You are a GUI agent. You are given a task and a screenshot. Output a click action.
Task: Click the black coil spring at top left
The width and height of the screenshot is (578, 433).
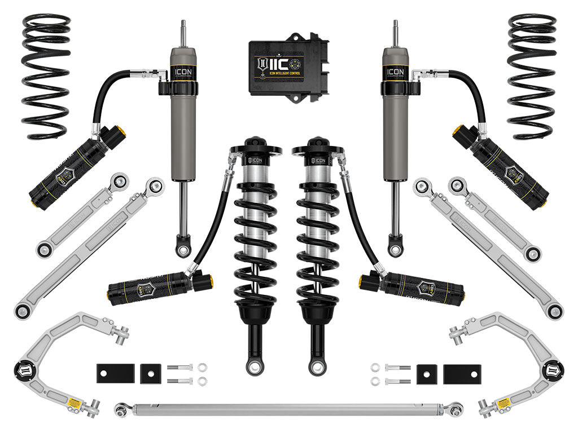pos(46,76)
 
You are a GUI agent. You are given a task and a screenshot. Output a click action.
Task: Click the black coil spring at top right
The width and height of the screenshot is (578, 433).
pos(531,76)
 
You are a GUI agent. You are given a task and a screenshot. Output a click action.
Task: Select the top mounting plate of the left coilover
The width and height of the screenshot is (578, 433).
pos(255,150)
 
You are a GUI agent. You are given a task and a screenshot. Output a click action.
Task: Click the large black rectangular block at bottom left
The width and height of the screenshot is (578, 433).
pos(115,373)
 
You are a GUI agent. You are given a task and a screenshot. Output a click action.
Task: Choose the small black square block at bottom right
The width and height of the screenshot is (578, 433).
pos(427,373)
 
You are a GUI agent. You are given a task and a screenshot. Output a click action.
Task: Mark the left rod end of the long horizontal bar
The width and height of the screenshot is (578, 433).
pos(121,410)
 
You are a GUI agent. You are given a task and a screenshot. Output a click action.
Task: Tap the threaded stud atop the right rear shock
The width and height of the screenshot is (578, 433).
pos(395,33)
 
